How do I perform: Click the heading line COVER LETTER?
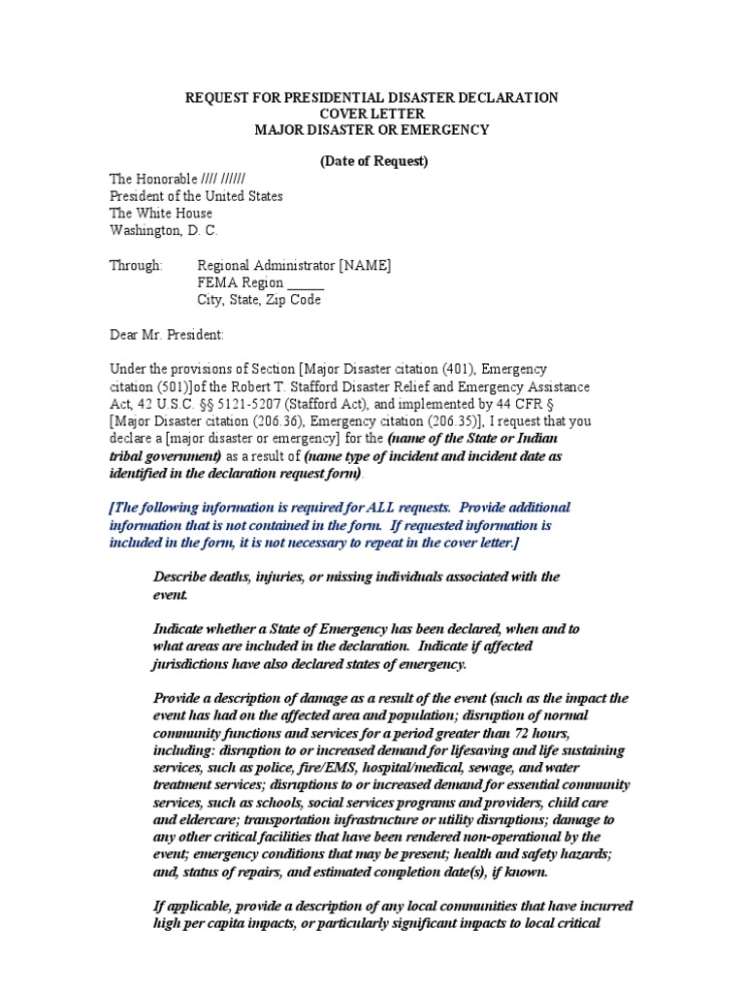372,114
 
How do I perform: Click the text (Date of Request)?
373,161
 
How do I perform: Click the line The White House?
160,214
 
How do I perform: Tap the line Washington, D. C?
163,230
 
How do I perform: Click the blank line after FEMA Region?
307,283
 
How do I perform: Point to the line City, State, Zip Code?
259,300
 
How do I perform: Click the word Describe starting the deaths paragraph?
182,577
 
